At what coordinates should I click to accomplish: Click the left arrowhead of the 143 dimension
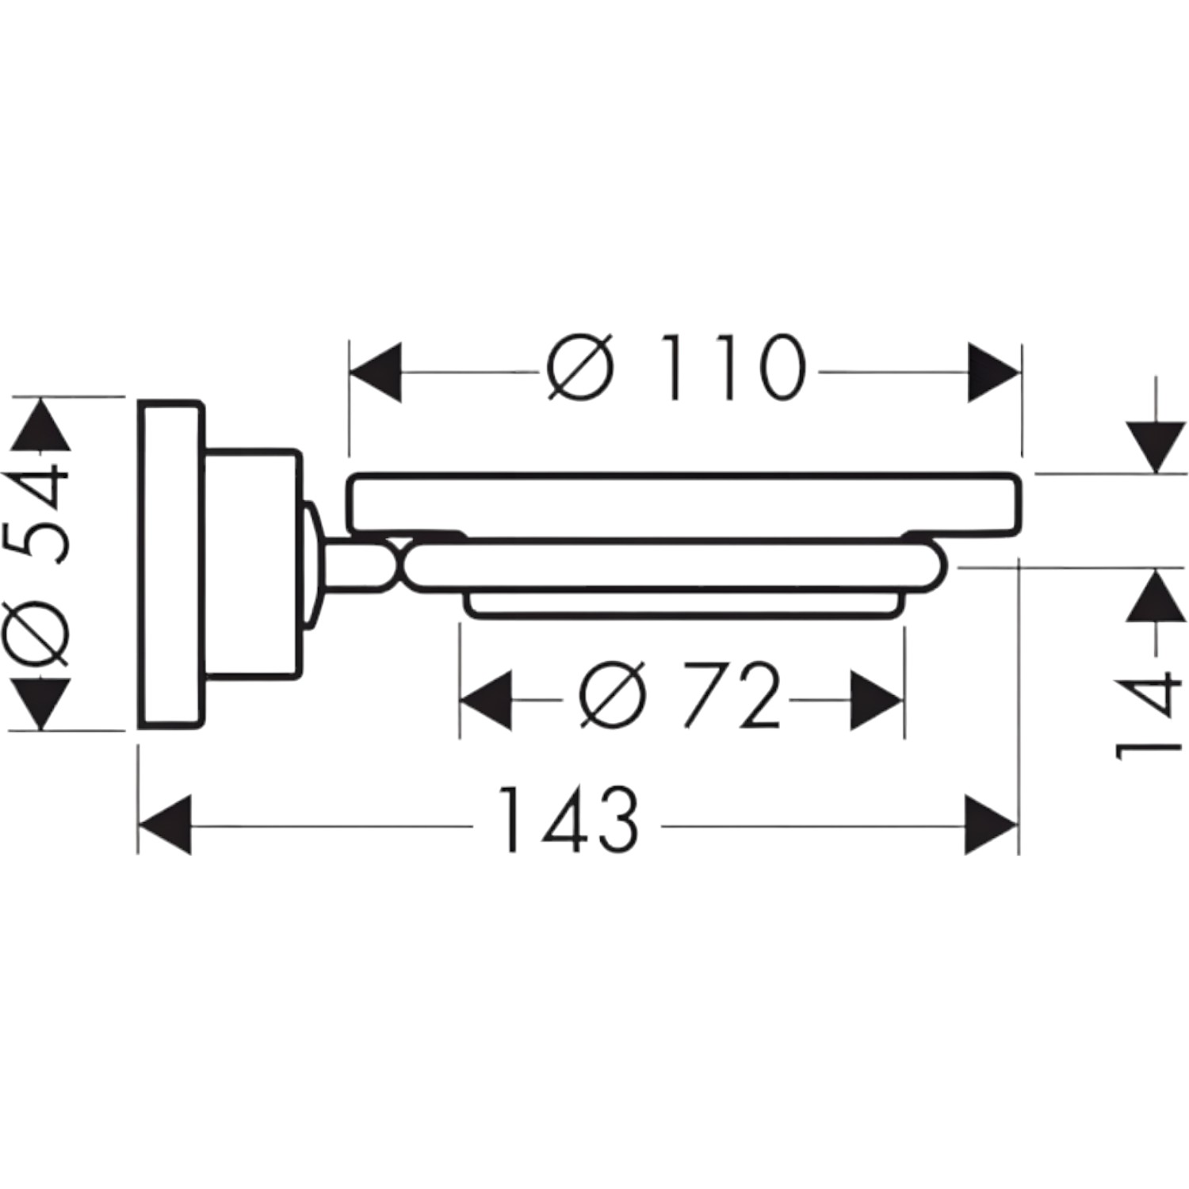tap(165, 825)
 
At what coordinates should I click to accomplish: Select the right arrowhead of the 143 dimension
tap(991, 825)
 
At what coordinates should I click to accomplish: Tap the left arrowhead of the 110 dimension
tap(376, 372)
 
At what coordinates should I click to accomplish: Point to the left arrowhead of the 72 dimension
tap(486, 701)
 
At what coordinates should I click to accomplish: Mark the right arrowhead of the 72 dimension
tap(877, 701)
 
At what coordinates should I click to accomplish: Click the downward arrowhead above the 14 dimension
tap(1157, 449)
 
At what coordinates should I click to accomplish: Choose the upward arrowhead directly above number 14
tap(1157, 594)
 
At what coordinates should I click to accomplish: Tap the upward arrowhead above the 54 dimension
tap(40, 424)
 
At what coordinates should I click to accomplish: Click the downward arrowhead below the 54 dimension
tap(40, 704)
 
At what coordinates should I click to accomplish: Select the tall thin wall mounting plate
tap(171, 564)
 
